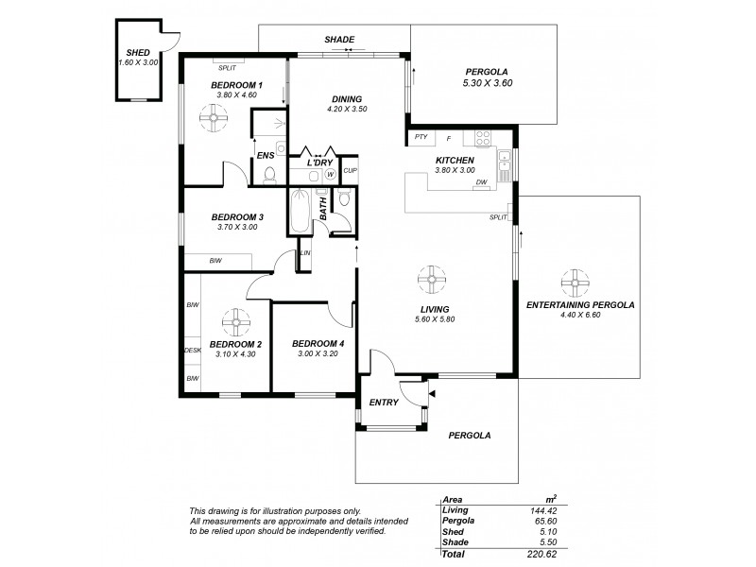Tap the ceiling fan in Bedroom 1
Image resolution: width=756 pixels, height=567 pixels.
coord(215,117)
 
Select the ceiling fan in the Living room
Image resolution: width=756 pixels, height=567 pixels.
coord(430,278)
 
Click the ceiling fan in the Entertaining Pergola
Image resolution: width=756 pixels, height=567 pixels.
coord(573,281)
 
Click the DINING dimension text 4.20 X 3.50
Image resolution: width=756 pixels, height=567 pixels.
coord(345,109)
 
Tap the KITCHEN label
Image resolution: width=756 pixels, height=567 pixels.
coord(455,160)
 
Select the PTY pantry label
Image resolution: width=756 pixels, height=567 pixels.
coord(421,138)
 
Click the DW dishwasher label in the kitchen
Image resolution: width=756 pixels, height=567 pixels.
coord(482,182)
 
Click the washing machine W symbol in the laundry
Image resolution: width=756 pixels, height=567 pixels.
coord(331,174)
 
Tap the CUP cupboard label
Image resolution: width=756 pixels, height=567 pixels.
coord(351,170)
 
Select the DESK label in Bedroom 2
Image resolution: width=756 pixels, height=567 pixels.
coord(192,351)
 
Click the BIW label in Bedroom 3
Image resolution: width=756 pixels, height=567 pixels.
coord(216,262)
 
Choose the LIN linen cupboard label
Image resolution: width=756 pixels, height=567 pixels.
coord(304,253)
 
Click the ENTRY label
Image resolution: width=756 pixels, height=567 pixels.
coord(385,402)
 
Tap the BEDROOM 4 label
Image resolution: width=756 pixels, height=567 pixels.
coord(311,343)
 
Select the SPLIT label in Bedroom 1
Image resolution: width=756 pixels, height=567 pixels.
coord(227,67)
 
